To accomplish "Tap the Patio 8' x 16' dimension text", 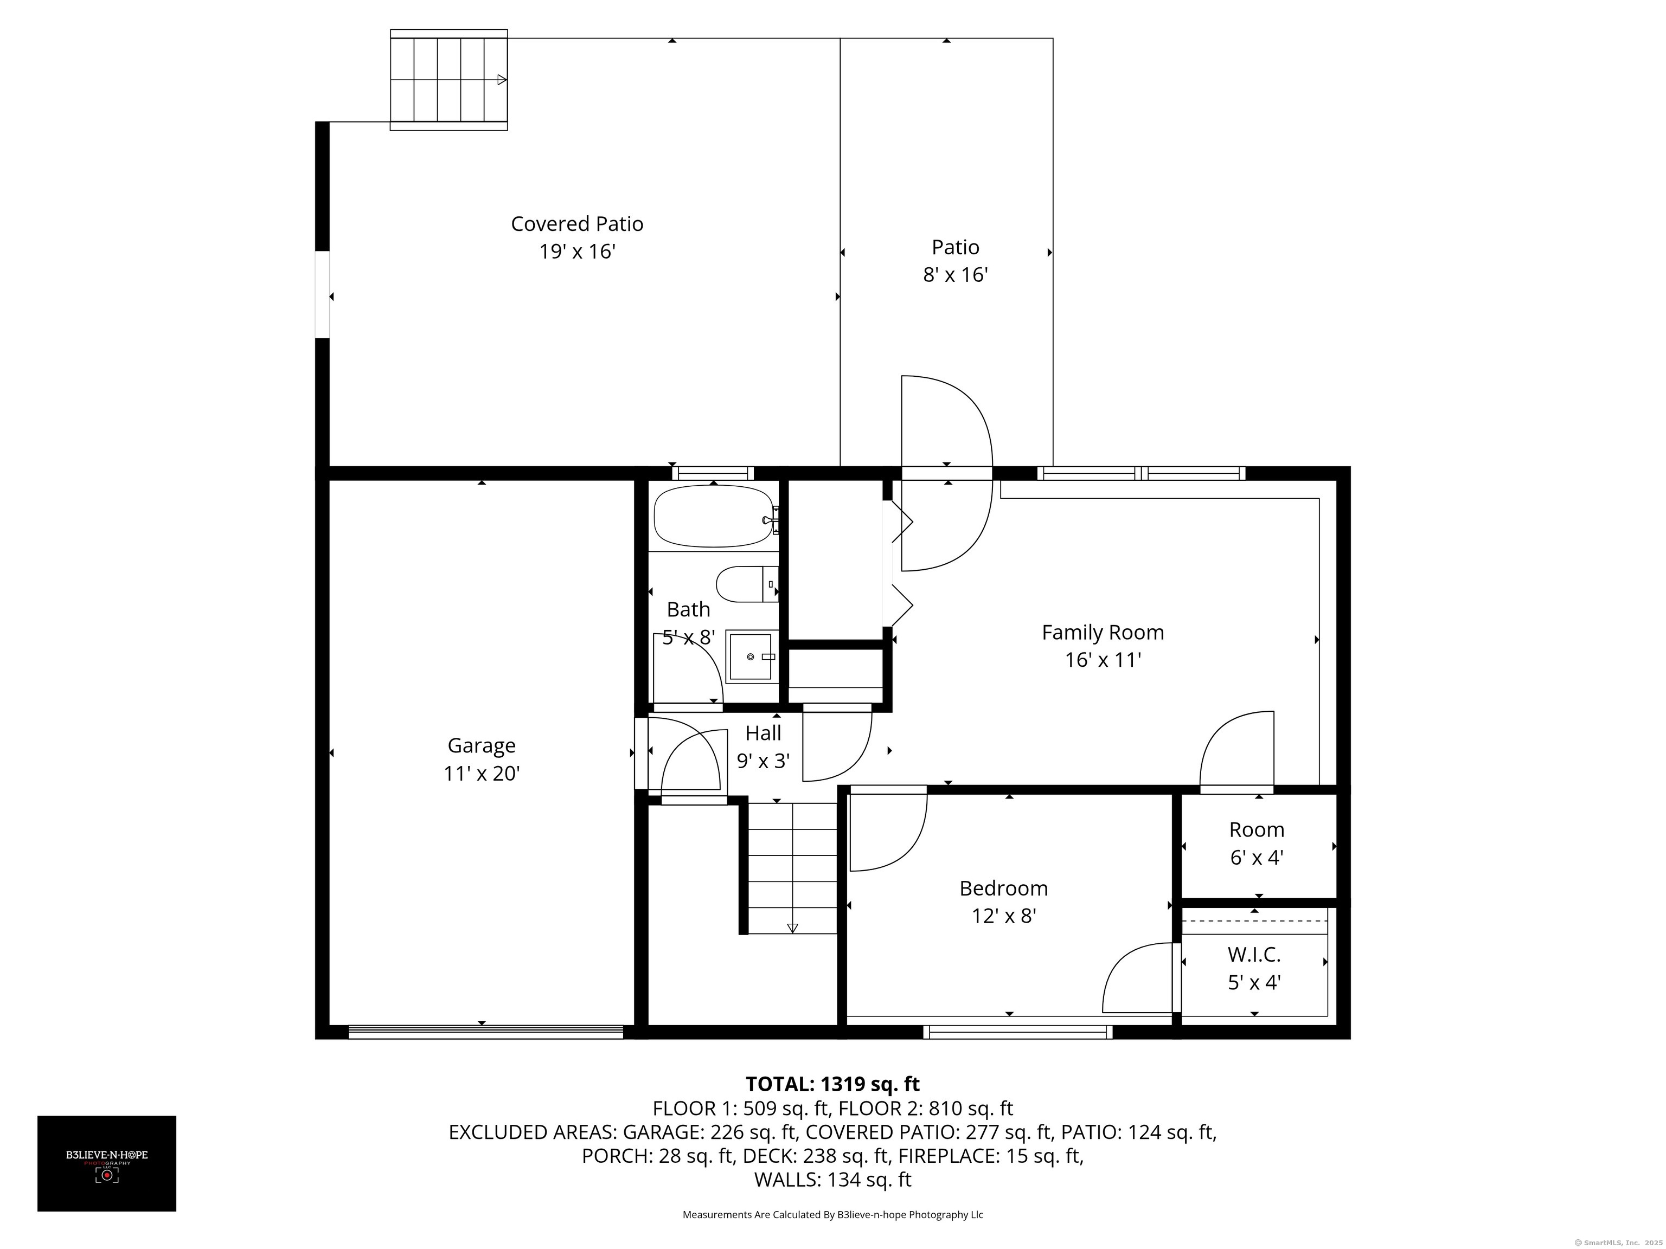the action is click(955, 275).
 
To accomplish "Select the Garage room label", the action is click(481, 745).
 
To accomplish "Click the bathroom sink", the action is click(751, 656).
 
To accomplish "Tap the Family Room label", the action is click(1103, 633).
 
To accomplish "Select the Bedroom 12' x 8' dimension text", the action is click(1004, 916).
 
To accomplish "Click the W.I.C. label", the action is click(1254, 955).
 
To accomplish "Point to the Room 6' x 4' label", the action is click(1256, 843).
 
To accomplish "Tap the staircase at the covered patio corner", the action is click(449, 80).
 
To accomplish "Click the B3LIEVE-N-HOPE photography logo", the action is click(107, 1163).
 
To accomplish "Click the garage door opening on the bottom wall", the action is click(486, 1032).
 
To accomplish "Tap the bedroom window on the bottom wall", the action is click(1017, 1032).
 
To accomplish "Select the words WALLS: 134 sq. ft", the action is click(832, 1180).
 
